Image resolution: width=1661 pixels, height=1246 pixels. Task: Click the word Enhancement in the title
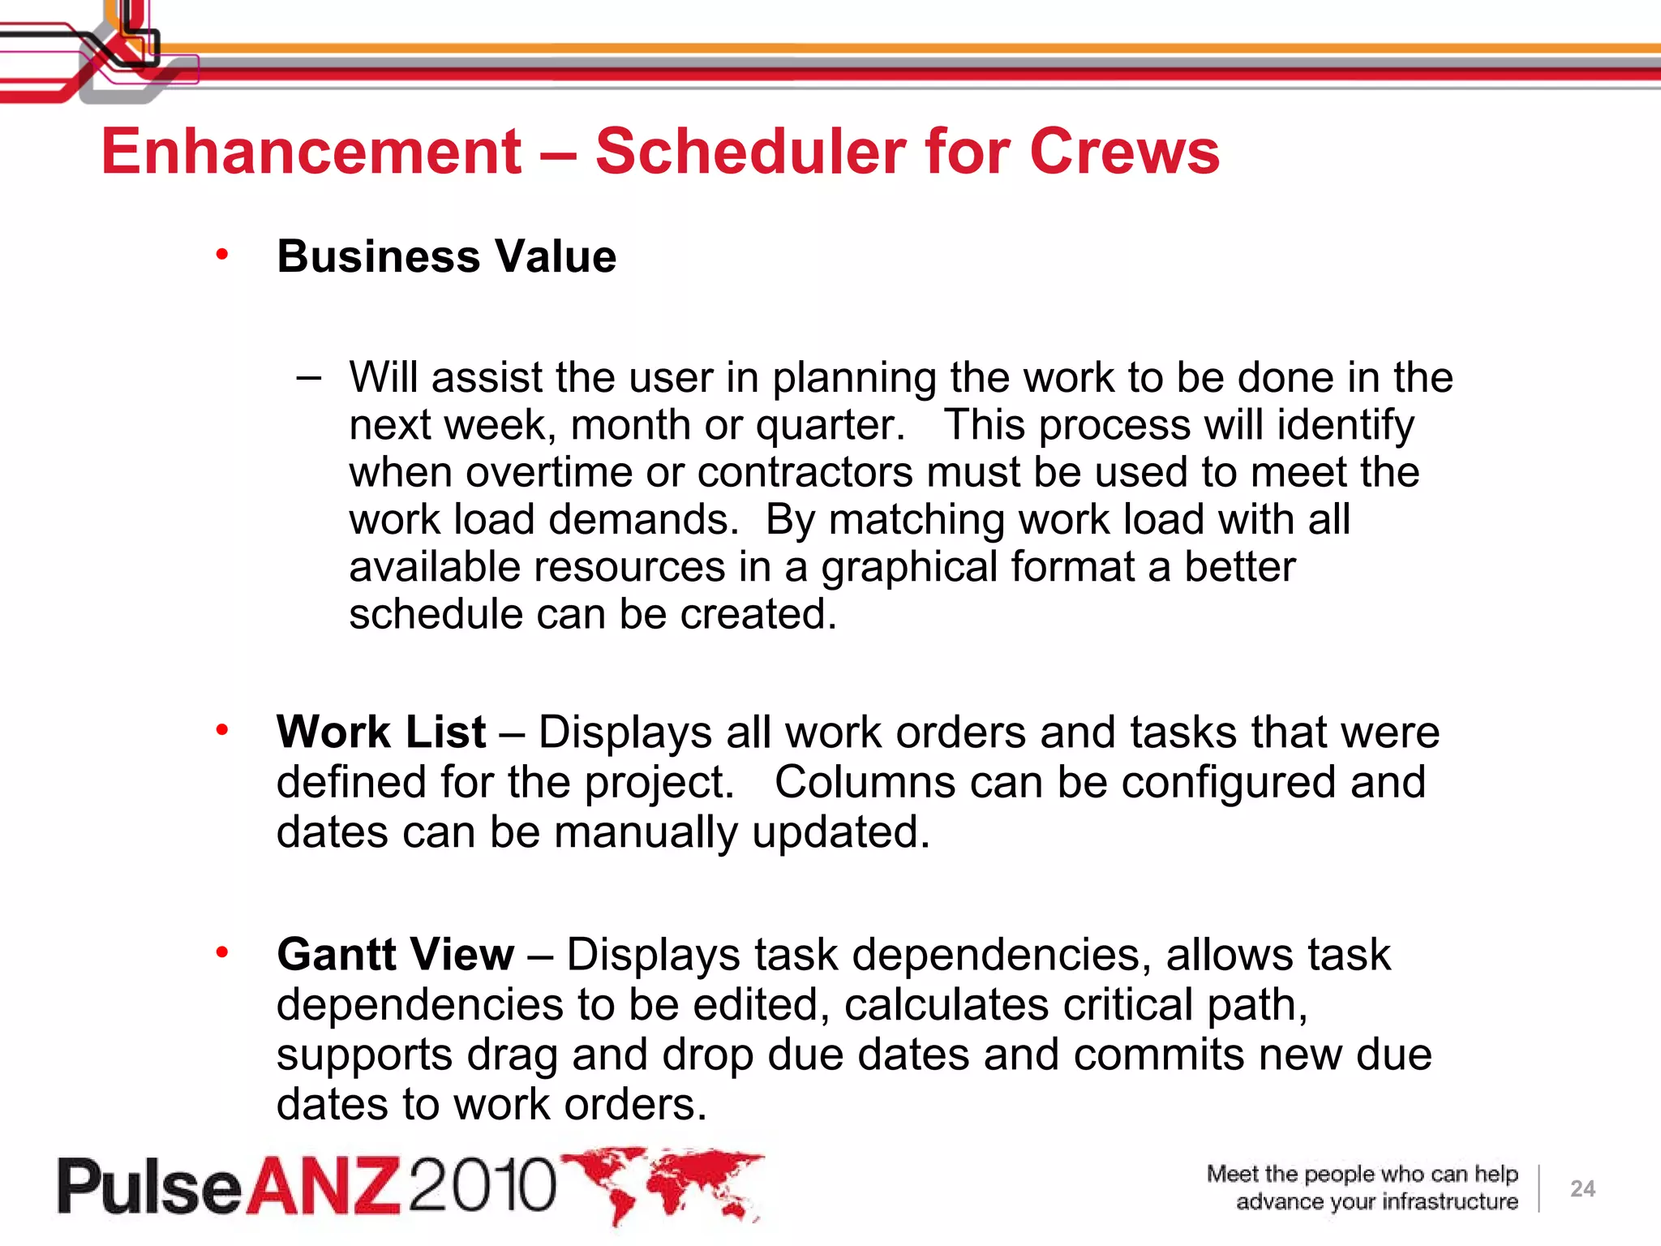pos(311,152)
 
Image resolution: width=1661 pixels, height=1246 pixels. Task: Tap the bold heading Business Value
pos(446,257)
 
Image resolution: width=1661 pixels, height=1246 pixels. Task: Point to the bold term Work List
pos(381,733)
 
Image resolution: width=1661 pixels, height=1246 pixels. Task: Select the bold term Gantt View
pos(395,954)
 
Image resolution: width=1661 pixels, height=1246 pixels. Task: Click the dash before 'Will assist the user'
pos(309,377)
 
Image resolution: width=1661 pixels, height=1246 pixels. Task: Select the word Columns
pos(865,783)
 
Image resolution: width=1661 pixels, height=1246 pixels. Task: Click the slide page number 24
pos(1582,1189)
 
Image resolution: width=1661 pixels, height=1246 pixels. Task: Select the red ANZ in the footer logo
pos(324,1186)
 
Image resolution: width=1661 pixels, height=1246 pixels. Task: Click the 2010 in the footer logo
pos(483,1184)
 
